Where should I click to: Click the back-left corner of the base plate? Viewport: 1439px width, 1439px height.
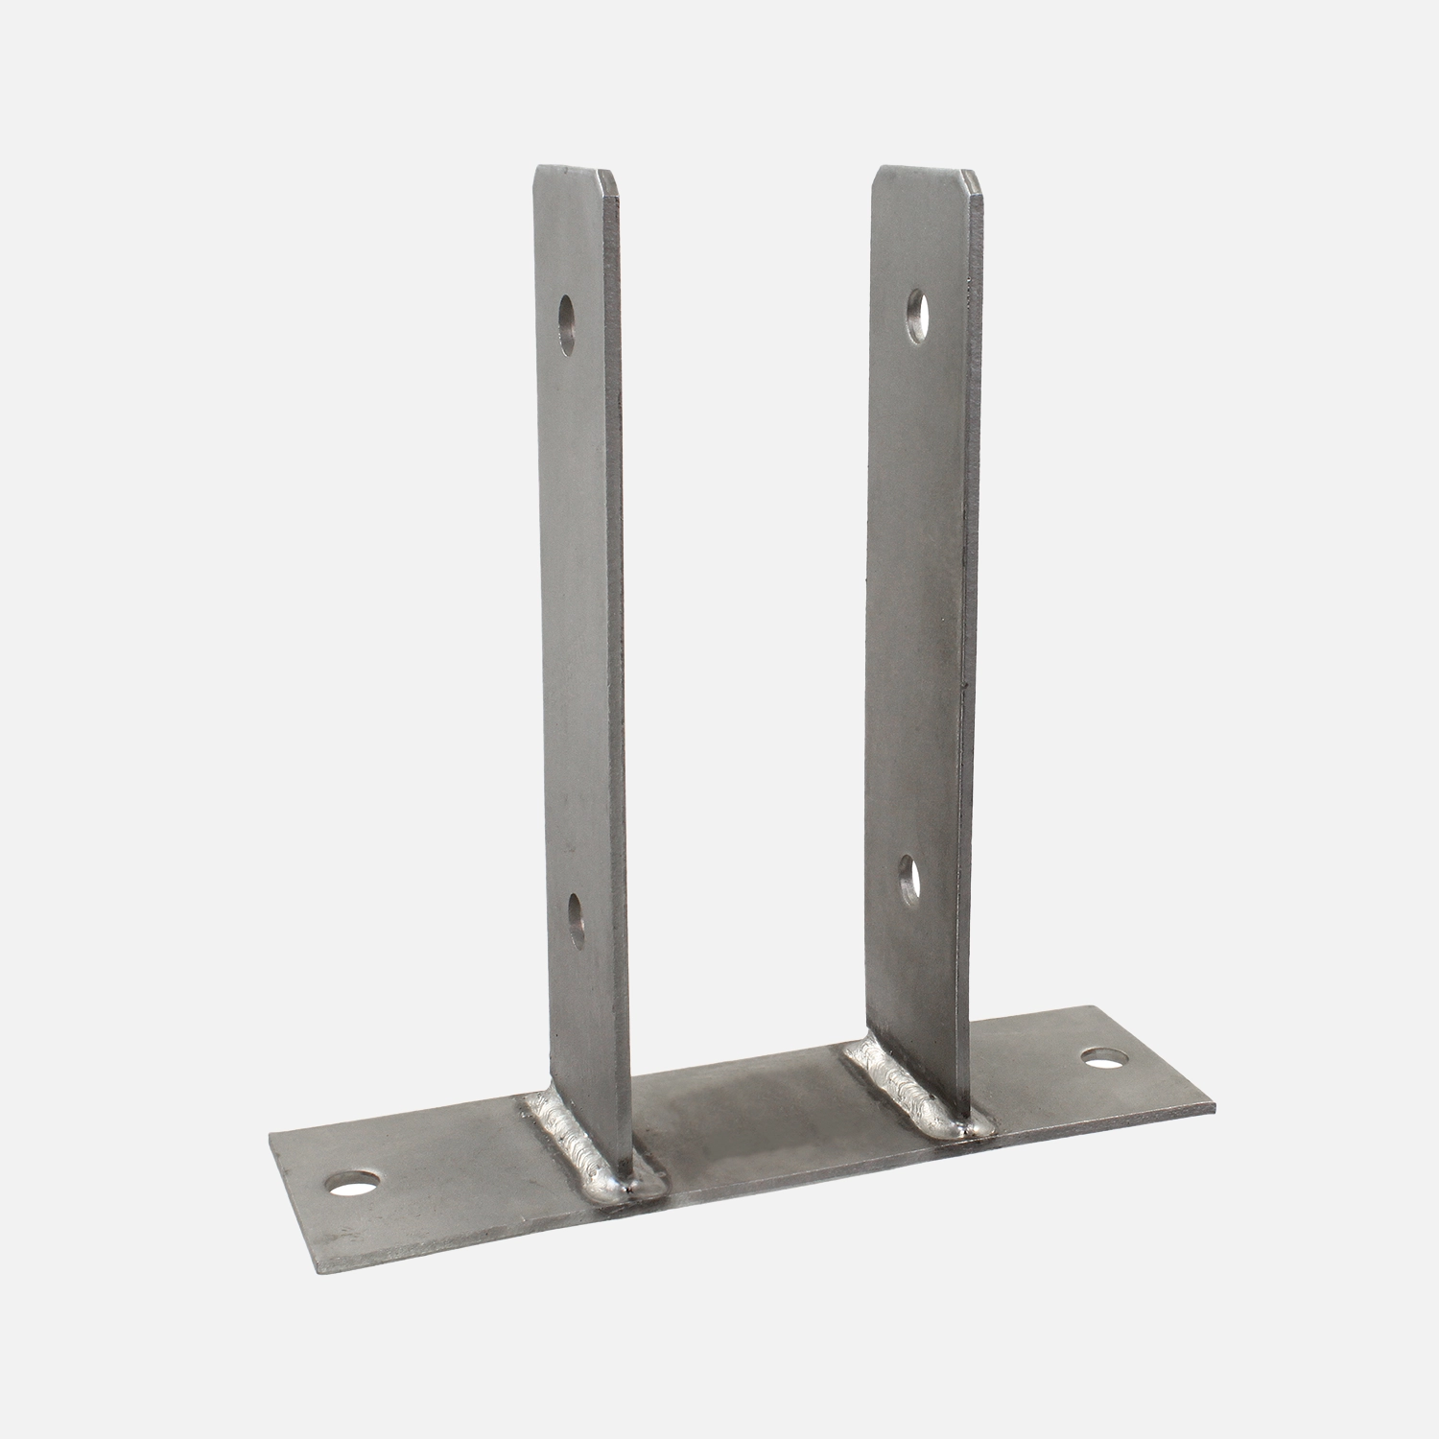tap(273, 1134)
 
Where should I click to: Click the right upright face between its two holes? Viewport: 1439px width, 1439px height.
tap(916, 595)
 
